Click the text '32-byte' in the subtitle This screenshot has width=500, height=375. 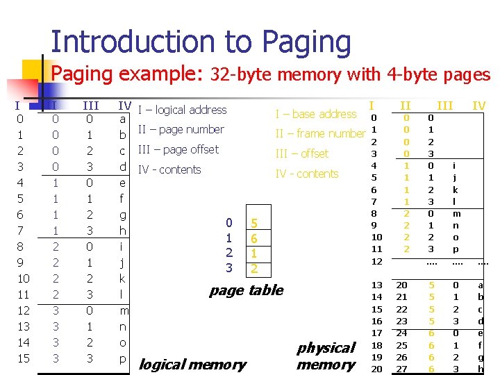239,74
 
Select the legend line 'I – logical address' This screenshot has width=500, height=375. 183,110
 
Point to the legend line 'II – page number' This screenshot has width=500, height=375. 181,129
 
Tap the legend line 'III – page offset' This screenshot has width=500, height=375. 178,149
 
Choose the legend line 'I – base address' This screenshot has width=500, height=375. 315,114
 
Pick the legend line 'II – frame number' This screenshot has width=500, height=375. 320,133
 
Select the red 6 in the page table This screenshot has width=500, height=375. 255,238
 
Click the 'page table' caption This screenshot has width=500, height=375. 246,290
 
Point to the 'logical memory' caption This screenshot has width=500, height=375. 192,364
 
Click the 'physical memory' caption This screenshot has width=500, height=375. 326,356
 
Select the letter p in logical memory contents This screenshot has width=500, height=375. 122,358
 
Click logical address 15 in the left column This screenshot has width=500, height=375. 23,358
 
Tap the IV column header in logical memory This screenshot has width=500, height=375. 125,106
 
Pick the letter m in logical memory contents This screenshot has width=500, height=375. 124,310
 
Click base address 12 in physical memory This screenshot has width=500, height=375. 376,261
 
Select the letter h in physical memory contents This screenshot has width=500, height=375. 481,369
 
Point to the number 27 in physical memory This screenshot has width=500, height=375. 402,369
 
